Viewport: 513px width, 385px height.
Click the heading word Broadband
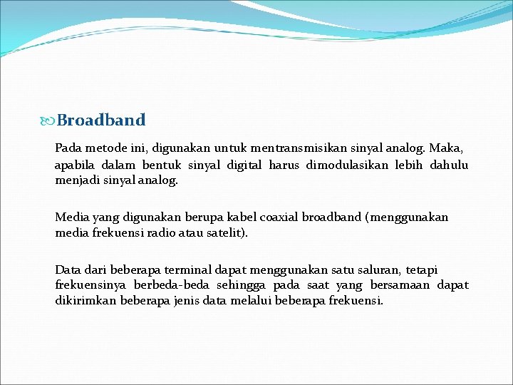[x=101, y=120]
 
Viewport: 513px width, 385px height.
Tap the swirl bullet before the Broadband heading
[x=49, y=120]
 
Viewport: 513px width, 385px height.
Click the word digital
[x=244, y=165]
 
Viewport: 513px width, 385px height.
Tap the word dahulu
[x=449, y=165]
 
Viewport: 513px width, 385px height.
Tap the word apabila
[x=76, y=165]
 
